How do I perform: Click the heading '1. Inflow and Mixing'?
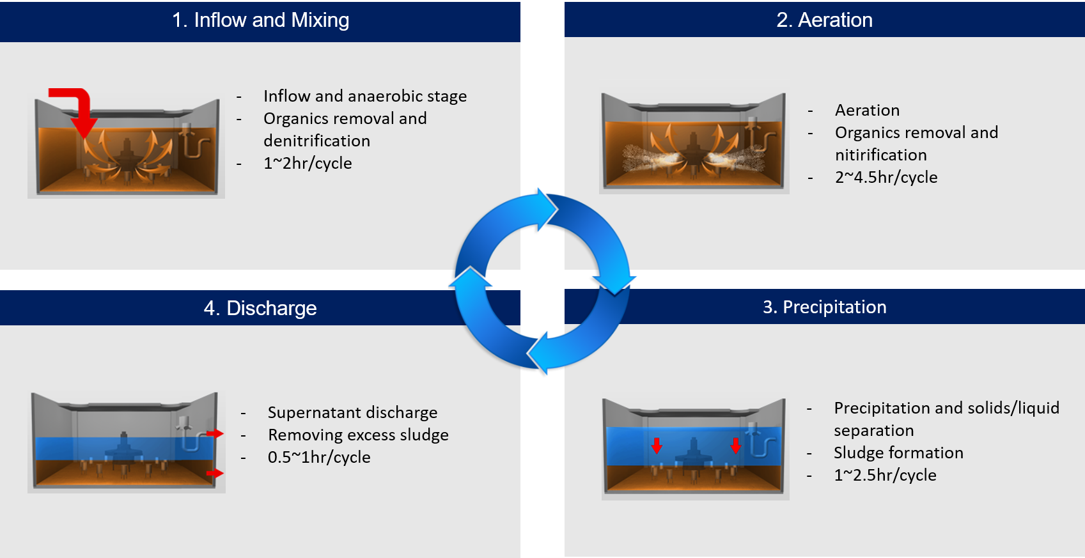click(260, 20)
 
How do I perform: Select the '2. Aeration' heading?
click(824, 20)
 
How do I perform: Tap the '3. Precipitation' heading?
click(824, 307)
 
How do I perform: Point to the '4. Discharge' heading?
click(260, 308)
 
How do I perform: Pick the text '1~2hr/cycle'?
click(308, 164)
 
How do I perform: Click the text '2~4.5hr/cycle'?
click(886, 178)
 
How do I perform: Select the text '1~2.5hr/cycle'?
click(885, 476)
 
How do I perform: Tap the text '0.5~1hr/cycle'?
click(319, 458)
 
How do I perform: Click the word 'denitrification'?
click(316, 141)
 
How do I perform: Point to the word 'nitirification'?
click(880, 155)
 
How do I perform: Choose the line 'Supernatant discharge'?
click(352, 413)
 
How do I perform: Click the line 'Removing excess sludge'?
click(358, 435)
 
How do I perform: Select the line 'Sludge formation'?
click(898, 453)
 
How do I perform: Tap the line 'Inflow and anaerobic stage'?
click(365, 97)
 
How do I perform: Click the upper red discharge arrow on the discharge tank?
click(216, 433)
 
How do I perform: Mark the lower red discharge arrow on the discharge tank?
click(216, 474)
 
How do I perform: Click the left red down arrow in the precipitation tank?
click(657, 446)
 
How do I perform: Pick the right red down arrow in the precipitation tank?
click(736, 446)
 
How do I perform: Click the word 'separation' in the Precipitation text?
click(873, 431)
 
